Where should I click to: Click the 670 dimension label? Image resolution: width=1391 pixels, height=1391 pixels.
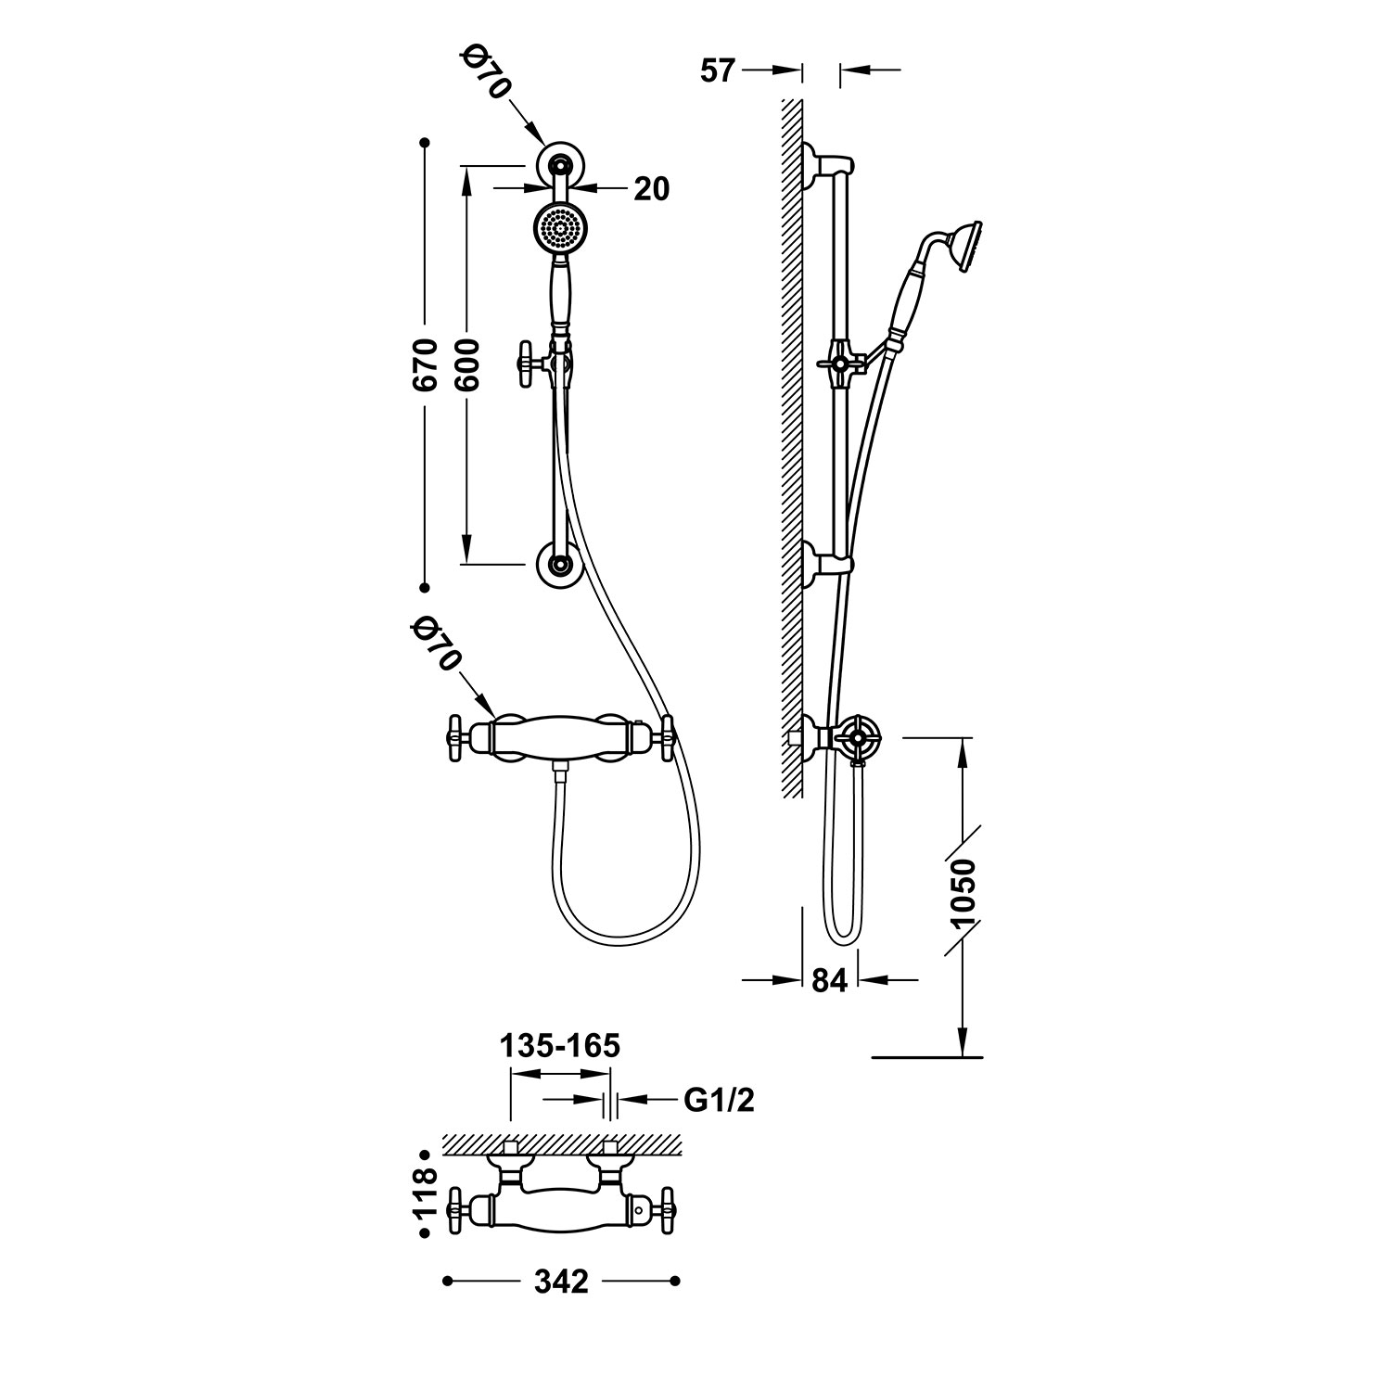(x=425, y=366)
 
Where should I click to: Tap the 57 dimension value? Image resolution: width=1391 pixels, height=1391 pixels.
(x=718, y=70)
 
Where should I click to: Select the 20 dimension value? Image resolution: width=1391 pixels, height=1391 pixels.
(x=651, y=188)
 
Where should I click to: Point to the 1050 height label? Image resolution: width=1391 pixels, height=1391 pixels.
(x=964, y=893)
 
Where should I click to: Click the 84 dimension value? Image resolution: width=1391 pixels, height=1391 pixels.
(x=830, y=980)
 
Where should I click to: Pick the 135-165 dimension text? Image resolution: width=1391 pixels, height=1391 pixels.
(x=560, y=1046)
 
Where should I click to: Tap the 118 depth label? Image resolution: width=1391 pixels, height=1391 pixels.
(x=425, y=1193)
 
